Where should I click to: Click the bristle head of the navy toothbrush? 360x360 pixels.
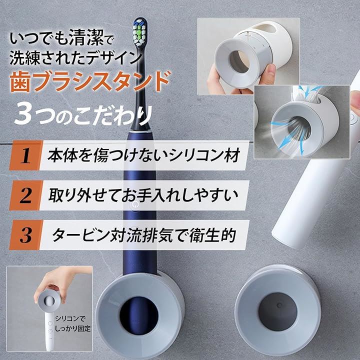140,32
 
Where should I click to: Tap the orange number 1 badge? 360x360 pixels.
25,155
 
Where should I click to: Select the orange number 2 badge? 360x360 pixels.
25,195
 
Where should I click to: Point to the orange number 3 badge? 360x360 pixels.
25,235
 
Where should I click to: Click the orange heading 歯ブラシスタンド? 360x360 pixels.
90,81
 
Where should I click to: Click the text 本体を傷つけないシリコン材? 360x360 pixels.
144,155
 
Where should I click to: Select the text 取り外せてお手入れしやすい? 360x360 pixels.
143,195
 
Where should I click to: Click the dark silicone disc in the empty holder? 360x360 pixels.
277,311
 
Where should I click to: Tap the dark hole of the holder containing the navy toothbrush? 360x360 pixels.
138,315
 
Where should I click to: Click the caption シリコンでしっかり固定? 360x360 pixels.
72,323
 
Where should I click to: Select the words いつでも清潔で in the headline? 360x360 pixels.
61,38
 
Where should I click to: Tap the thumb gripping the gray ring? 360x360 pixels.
268,74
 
